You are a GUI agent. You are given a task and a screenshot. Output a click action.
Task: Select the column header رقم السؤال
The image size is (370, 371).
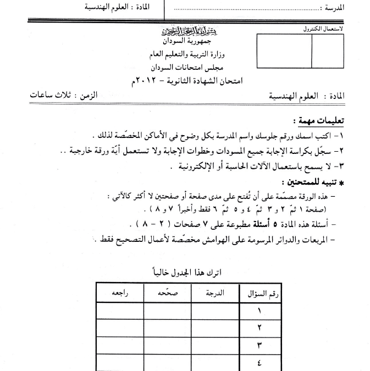[262, 294]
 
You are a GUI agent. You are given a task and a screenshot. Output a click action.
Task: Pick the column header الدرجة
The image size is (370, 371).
[214, 294]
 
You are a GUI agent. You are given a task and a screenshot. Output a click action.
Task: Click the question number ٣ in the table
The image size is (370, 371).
[259, 346]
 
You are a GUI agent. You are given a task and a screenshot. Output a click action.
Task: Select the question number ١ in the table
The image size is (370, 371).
[259, 311]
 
